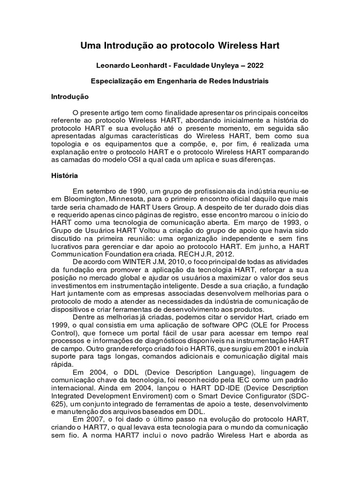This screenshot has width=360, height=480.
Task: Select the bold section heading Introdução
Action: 70,97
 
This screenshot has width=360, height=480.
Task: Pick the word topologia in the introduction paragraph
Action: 66,144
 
